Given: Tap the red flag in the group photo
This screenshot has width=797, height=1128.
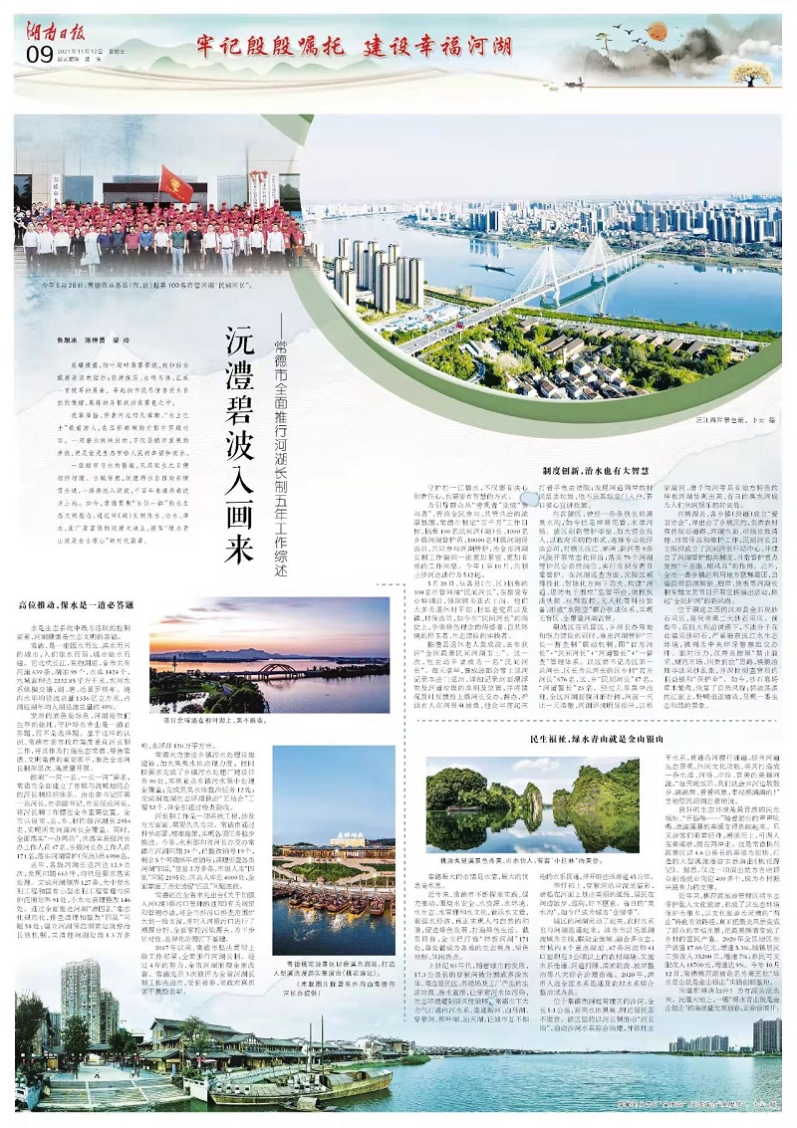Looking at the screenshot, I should tap(173, 184).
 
